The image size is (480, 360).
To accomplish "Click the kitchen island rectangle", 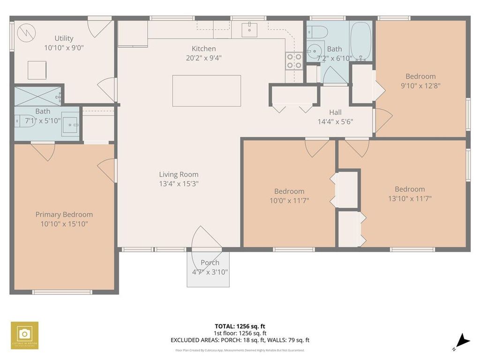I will [206, 91].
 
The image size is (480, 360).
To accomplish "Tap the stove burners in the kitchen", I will [294, 61].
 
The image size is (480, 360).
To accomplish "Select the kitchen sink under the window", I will [250, 29].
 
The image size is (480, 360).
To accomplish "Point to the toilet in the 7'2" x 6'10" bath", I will [318, 32].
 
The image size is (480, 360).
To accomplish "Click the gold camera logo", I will [24, 335].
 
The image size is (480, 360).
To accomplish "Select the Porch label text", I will [210, 262].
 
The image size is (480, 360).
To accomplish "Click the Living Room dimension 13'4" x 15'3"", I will [179, 184].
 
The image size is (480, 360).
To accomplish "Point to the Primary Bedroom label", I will [64, 214].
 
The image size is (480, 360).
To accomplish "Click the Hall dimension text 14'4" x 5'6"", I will [335, 121].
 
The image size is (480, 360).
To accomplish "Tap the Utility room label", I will [64, 38].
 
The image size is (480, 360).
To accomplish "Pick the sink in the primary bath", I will [72, 124].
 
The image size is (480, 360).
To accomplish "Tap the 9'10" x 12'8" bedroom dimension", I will [420, 86].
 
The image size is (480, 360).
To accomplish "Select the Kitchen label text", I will [204, 48].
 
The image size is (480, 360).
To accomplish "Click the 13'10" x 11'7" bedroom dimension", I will [410, 198].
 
